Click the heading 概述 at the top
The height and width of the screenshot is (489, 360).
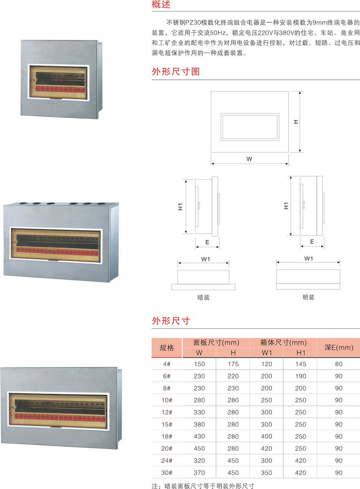(161, 5)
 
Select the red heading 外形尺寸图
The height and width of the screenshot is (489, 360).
(176, 71)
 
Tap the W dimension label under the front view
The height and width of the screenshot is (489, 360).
(249, 159)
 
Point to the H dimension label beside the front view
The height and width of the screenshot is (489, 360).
(296, 122)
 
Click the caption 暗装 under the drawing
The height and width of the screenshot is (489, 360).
(203, 298)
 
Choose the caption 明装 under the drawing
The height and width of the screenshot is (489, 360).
(308, 297)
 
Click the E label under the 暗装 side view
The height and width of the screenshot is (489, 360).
(207, 242)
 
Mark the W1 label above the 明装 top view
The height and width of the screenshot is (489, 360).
(309, 259)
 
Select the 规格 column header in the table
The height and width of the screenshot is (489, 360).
(167, 348)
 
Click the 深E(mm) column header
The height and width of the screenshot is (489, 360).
(338, 348)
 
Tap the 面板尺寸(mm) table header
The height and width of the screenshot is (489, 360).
(216, 343)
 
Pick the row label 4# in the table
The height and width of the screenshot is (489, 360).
(167, 364)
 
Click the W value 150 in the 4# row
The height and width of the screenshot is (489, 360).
(199, 364)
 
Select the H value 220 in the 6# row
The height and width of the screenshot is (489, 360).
(233, 376)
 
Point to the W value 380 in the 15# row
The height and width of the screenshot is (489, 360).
(199, 425)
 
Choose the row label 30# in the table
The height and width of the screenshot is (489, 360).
(167, 473)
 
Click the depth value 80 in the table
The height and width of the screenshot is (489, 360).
(338, 364)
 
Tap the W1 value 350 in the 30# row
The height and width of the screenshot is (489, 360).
(267, 473)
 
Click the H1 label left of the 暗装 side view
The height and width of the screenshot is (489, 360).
(180, 206)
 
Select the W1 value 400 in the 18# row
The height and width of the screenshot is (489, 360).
(267, 436)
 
